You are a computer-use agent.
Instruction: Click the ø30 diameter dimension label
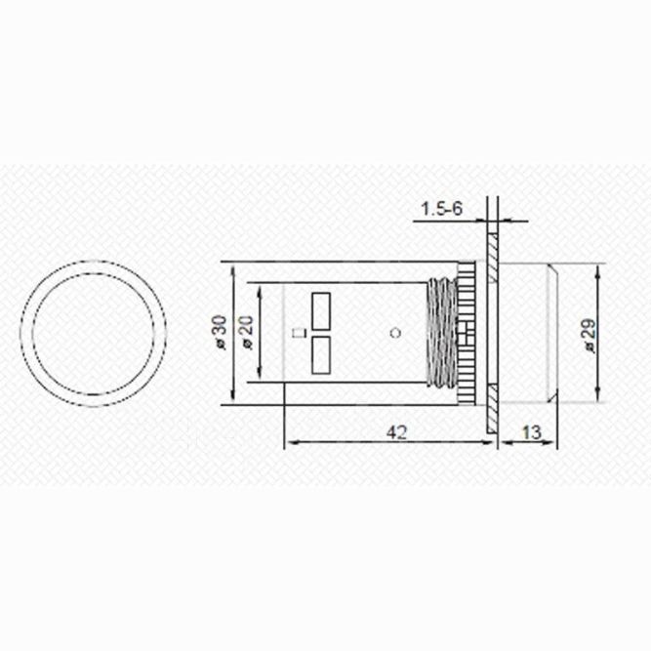point(220,333)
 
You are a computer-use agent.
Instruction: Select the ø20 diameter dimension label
point(246,333)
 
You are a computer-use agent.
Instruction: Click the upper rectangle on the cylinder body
point(321,310)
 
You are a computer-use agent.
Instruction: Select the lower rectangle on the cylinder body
point(321,356)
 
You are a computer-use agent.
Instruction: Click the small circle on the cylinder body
point(394,333)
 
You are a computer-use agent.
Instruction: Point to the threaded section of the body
point(442,333)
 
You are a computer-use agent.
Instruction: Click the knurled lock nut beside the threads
point(469,333)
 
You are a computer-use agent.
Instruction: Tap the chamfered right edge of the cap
point(555,333)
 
